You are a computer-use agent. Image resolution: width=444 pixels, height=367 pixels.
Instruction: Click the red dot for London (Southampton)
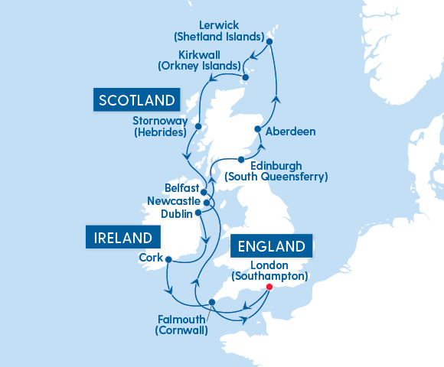[269, 287]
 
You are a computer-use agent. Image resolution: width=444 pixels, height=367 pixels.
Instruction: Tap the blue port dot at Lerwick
[268, 41]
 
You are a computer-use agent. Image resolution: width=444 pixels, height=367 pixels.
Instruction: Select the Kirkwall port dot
[245, 77]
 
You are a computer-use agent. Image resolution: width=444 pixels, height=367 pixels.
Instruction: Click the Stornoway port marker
[198, 127]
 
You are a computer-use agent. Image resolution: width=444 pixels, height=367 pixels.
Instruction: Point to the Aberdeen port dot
[262, 130]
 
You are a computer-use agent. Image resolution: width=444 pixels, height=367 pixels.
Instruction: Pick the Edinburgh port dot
[241, 160]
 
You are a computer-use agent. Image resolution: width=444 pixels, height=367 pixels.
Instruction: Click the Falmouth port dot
[212, 303]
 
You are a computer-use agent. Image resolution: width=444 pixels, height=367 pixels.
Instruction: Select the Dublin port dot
[198, 213]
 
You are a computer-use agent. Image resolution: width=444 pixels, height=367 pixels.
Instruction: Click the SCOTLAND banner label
[135, 99]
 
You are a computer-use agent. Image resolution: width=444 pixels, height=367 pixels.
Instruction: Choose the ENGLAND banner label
[272, 246]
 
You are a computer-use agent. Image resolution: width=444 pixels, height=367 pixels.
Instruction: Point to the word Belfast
[181, 188]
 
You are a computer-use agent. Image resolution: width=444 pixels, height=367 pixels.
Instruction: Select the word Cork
[150, 258]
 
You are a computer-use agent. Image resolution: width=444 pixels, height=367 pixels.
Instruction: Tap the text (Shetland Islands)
[219, 37]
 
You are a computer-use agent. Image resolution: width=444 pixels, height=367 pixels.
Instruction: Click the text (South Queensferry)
[276, 177]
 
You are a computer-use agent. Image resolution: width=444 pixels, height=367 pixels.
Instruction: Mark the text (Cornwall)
[181, 331]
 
